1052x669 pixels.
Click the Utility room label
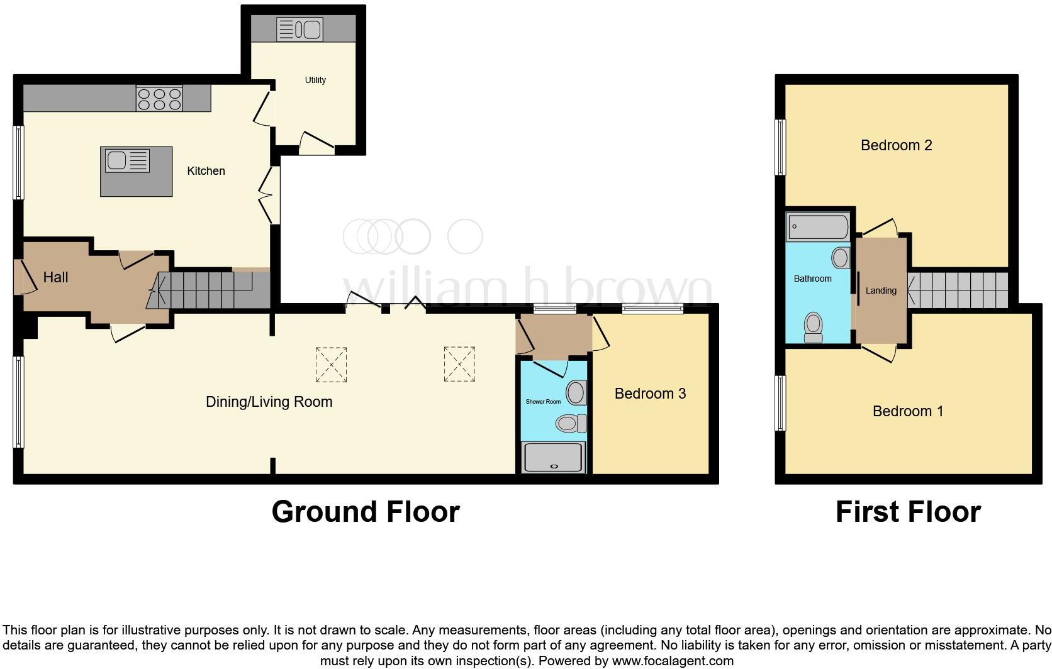click(315, 80)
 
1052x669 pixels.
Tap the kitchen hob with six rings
click(159, 99)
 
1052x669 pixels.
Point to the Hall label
click(55, 277)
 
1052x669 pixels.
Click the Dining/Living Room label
click(269, 402)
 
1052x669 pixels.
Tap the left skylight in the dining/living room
click(331, 365)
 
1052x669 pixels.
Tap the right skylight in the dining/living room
click(459, 363)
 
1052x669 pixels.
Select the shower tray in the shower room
click(554, 457)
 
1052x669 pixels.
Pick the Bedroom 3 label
click(650, 394)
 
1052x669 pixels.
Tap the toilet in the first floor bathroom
click(814, 327)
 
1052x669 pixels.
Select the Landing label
click(881, 290)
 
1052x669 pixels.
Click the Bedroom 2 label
click(896, 145)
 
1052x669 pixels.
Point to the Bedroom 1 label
click(908, 411)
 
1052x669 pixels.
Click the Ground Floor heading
click(366, 512)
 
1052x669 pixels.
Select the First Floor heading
click(907, 512)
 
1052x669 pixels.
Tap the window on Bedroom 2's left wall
click(780, 147)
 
